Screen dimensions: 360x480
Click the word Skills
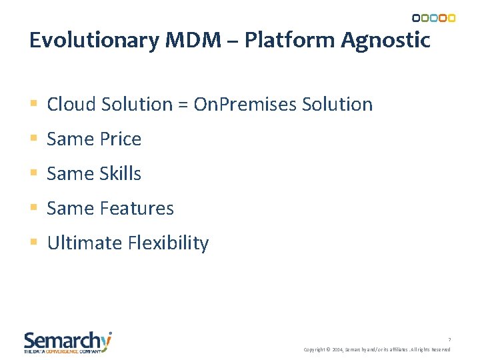tap(119, 173)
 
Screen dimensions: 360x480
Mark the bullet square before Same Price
tap(34, 139)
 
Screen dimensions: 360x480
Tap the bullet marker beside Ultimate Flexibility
tap(34, 243)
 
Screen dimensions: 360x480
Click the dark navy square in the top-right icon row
tap(416, 18)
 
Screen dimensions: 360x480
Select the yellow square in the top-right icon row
tap(451, 18)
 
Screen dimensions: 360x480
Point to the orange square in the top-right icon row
tap(443, 18)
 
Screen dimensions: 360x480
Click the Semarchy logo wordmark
tap(67, 341)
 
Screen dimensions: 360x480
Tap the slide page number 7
tap(449, 339)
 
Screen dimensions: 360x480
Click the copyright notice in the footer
tap(377, 349)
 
